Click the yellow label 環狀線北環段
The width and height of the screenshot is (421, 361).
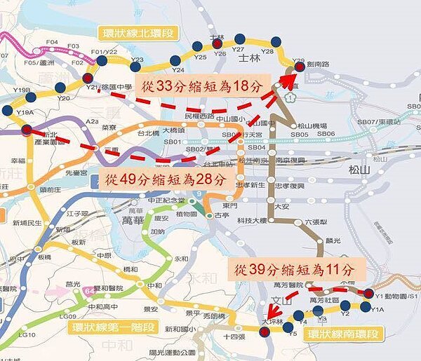(x=138, y=34)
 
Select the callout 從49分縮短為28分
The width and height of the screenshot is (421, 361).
(x=166, y=179)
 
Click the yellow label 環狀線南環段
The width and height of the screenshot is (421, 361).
(x=345, y=333)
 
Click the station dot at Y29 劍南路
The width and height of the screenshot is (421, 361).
(x=300, y=67)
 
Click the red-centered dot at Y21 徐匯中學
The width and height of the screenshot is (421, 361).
(x=87, y=78)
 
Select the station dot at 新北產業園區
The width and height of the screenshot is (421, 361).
(x=27, y=130)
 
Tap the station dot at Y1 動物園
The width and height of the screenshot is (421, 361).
(x=370, y=293)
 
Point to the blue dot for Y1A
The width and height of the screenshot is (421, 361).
(x=366, y=306)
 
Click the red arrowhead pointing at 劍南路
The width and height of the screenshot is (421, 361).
(x=288, y=75)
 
